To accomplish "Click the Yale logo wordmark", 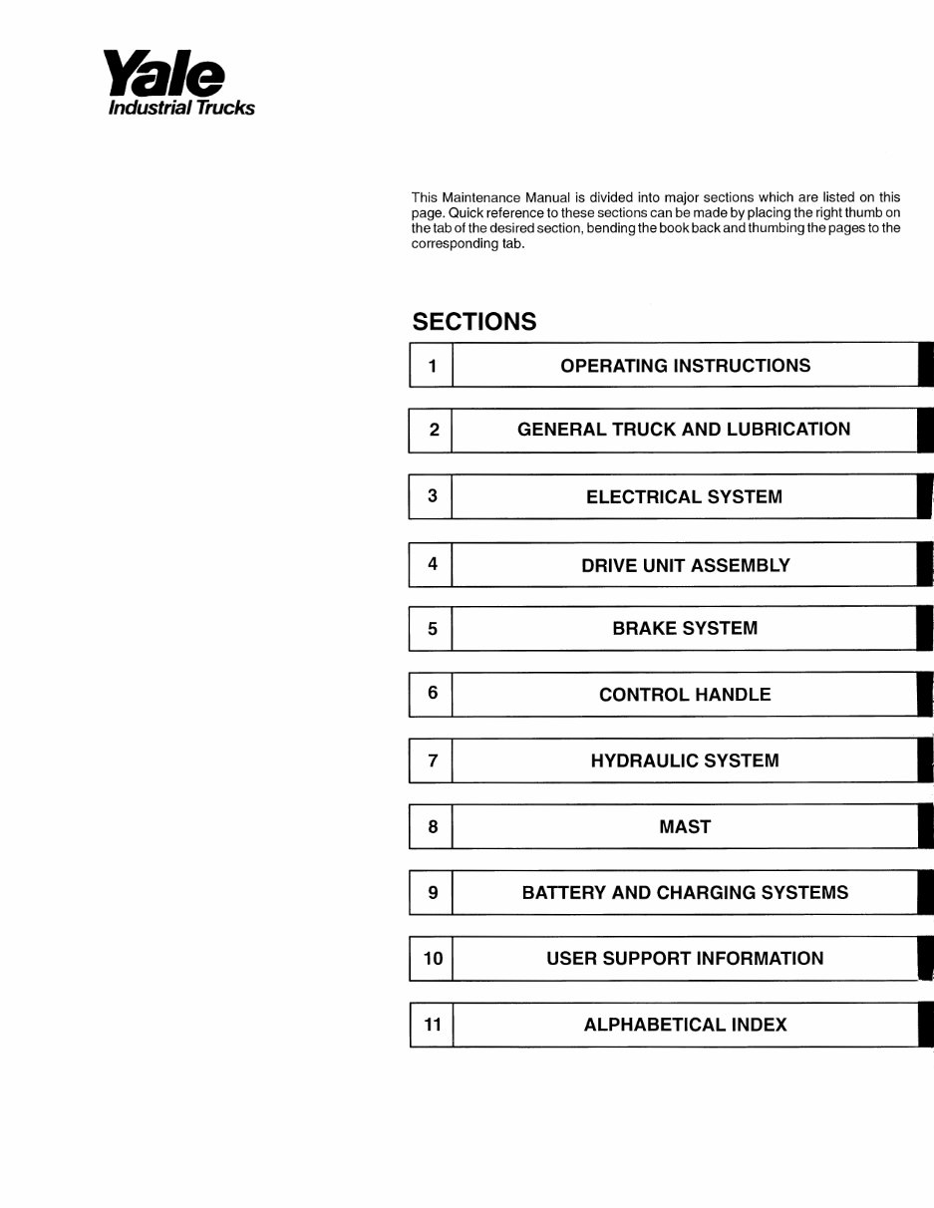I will coord(164,76).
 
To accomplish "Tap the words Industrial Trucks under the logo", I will coord(180,108).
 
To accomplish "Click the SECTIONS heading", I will coord(473,322).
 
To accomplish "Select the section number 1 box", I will coord(432,366).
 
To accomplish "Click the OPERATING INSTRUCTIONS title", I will coord(685,366).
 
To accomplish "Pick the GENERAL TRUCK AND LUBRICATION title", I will coord(684,430).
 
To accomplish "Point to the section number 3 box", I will coord(432,496).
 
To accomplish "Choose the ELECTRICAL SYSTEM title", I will coord(684,496).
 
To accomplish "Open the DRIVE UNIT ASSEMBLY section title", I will coord(685,565).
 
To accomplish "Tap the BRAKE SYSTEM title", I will coord(685,629).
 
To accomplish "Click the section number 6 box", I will coord(432,694).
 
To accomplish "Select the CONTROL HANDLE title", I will coord(685,695).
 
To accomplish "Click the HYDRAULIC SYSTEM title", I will coord(685,760).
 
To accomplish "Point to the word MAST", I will coord(685,826).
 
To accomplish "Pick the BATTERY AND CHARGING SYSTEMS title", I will coord(685,893).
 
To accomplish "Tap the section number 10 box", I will coord(433,959).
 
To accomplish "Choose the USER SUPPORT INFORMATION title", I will coord(685,959).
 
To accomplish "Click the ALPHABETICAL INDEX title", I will coord(685,1025).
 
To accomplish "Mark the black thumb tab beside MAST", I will coord(926,826).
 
